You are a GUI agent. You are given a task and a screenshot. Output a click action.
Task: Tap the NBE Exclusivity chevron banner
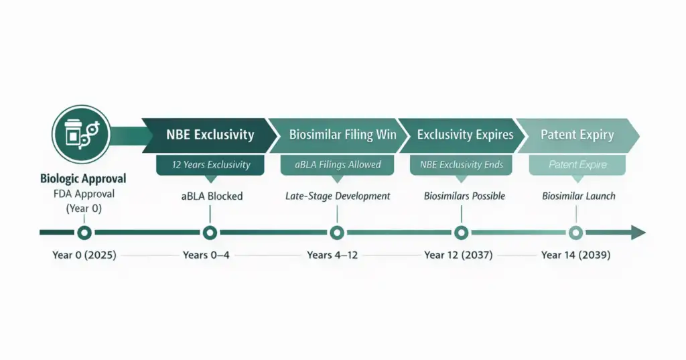(x=210, y=135)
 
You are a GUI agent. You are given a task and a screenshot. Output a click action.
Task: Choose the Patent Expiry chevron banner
(x=577, y=135)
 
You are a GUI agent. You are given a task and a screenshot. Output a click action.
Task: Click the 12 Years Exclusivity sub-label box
(x=210, y=164)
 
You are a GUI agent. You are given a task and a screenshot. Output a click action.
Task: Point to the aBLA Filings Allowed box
(x=338, y=164)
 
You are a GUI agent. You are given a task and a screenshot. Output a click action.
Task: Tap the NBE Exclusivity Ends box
(x=461, y=164)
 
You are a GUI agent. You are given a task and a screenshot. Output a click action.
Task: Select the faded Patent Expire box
(x=577, y=164)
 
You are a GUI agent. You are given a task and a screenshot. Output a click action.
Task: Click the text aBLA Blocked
(x=210, y=196)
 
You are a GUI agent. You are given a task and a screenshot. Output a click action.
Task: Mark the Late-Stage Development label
(x=337, y=196)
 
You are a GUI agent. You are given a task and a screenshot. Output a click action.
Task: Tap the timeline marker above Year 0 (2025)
(x=84, y=233)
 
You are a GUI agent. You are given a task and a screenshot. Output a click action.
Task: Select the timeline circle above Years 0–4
(x=210, y=233)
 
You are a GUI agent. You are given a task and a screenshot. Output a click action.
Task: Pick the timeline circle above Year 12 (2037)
(x=461, y=233)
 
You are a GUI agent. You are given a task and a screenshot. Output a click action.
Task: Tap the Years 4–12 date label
(x=337, y=255)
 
